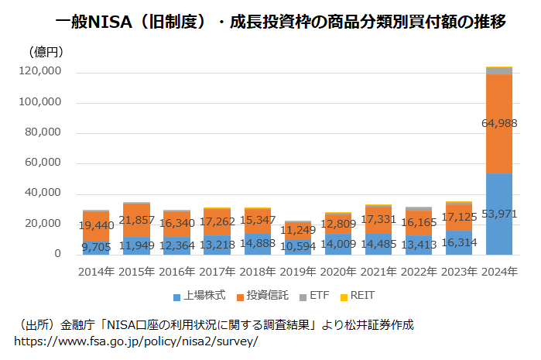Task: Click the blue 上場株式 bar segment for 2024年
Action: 499,225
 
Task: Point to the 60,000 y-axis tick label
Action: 43,163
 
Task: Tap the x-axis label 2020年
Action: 337,272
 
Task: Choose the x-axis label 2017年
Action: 217,272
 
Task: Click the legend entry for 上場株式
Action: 199,296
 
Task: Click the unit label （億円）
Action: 46,53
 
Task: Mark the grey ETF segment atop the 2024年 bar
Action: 499,70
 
